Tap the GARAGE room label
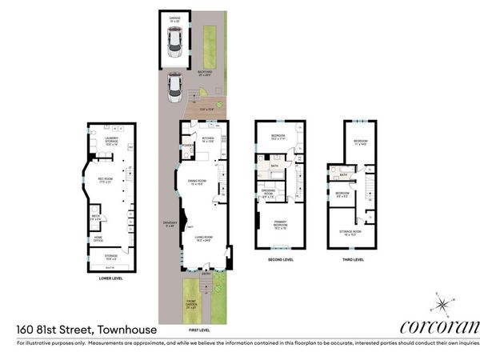(x=174, y=17)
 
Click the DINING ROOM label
(x=197, y=182)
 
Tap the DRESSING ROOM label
(x=270, y=190)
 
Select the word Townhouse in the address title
(x=127, y=328)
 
